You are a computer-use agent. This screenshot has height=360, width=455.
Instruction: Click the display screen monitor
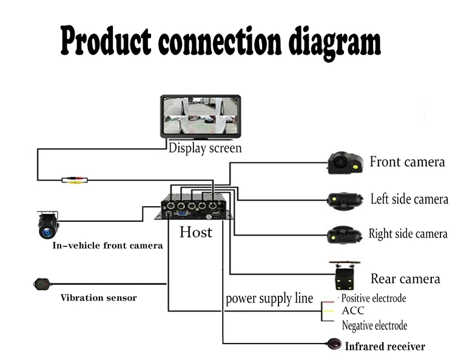201,116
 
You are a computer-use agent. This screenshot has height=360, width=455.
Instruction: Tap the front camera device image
345,162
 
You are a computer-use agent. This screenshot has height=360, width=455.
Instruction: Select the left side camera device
345,200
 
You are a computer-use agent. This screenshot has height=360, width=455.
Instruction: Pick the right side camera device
345,234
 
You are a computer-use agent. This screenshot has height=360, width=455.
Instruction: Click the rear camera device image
345,275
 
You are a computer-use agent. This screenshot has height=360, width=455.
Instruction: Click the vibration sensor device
42,284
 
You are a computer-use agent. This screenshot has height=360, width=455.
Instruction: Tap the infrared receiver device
334,344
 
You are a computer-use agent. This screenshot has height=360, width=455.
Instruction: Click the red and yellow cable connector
75,180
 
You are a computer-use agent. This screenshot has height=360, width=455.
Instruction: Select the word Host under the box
196,232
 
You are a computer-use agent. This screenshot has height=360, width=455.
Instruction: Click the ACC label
353,310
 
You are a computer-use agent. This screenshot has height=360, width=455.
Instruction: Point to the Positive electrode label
374,298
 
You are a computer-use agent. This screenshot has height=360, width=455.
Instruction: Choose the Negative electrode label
374,325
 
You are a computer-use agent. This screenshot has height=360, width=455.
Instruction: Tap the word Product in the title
106,41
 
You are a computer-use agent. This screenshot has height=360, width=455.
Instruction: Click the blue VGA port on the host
181,213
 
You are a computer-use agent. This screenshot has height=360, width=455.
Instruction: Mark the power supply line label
269,299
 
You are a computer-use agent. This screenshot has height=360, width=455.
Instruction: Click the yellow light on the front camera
355,167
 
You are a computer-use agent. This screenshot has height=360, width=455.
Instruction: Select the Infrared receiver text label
385,346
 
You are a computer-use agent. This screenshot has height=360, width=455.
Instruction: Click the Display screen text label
205,148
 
